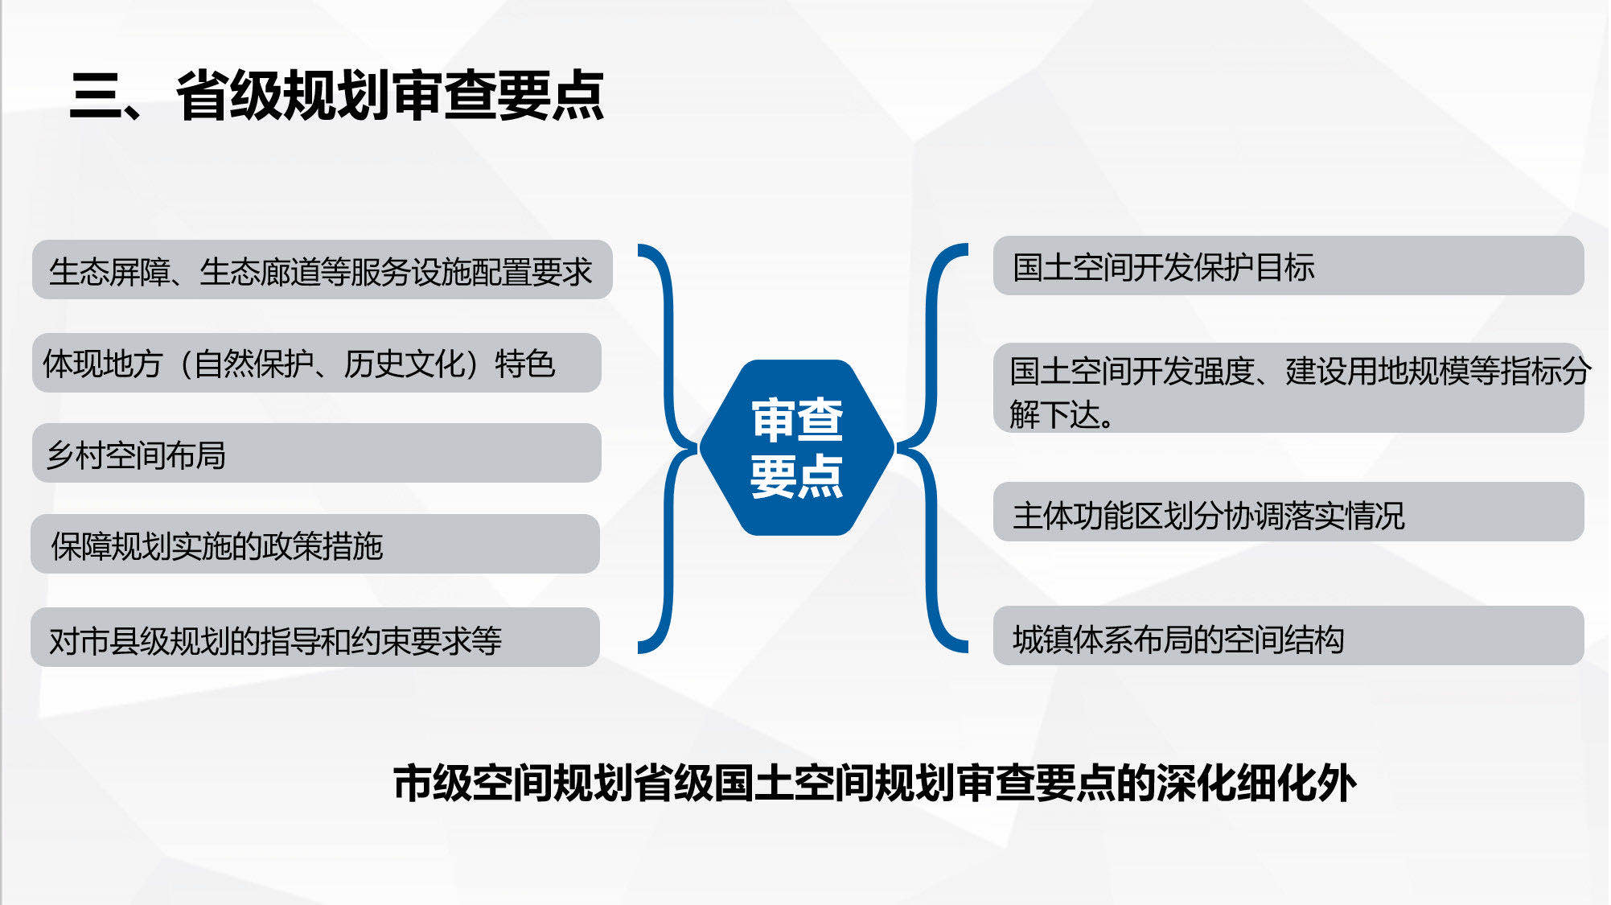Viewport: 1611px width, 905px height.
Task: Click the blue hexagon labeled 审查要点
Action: point(796,447)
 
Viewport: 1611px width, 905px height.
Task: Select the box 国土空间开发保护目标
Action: point(1288,265)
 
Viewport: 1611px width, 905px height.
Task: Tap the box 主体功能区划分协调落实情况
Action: point(1288,512)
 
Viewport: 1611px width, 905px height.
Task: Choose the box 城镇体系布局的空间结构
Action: point(1288,636)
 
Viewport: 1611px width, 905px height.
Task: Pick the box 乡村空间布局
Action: point(316,453)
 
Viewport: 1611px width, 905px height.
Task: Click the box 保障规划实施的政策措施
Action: point(315,544)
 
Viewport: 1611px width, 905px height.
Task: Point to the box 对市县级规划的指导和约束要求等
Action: point(315,637)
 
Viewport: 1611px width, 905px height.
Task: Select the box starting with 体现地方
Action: point(316,363)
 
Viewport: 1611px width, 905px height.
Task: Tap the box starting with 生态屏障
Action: point(322,269)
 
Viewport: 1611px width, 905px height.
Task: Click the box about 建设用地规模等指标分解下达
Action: point(1288,388)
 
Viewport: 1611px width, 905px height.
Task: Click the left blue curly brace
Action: point(666,448)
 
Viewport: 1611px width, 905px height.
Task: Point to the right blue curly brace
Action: point(931,448)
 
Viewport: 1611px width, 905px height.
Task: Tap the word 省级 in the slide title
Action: point(229,96)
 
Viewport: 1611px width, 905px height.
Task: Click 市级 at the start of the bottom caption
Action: point(432,783)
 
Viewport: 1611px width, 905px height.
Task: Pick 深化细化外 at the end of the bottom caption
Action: point(1256,783)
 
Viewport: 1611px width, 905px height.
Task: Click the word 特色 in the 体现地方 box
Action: point(525,364)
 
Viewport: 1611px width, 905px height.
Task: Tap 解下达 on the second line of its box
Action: point(1055,414)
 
